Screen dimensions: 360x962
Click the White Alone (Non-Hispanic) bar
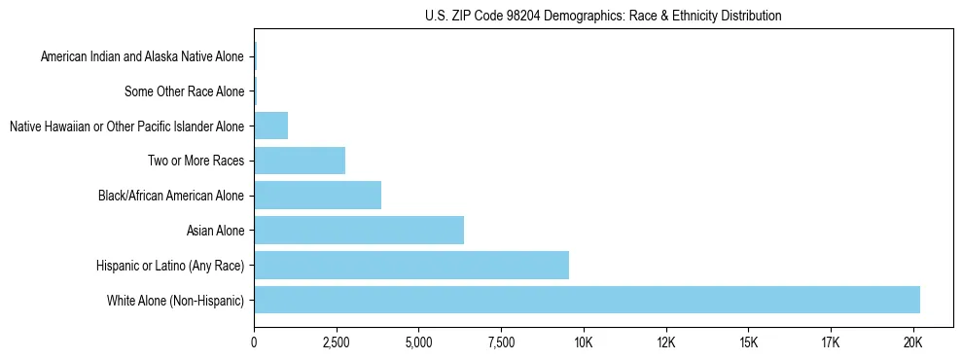587,300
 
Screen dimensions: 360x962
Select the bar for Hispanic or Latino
410,265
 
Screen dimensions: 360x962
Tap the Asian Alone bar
358,231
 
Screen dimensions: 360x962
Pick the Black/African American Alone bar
317,196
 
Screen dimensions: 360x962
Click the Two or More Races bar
300,161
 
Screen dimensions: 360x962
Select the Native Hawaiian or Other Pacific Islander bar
270,126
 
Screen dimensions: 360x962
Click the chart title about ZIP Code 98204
603,16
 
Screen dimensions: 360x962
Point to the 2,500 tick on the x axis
336,342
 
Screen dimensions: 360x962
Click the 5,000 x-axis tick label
418,342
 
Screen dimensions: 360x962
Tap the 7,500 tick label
501,342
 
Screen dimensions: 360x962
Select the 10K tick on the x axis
584,342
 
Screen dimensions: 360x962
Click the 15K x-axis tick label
748,342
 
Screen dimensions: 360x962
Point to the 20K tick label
912,342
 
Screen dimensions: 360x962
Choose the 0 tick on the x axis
254,342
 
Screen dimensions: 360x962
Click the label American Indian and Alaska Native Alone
142,57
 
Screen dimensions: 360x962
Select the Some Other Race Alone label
185,92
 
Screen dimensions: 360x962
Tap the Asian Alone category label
215,231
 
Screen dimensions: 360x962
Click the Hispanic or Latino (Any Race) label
170,266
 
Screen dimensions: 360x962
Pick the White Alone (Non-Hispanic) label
176,301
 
